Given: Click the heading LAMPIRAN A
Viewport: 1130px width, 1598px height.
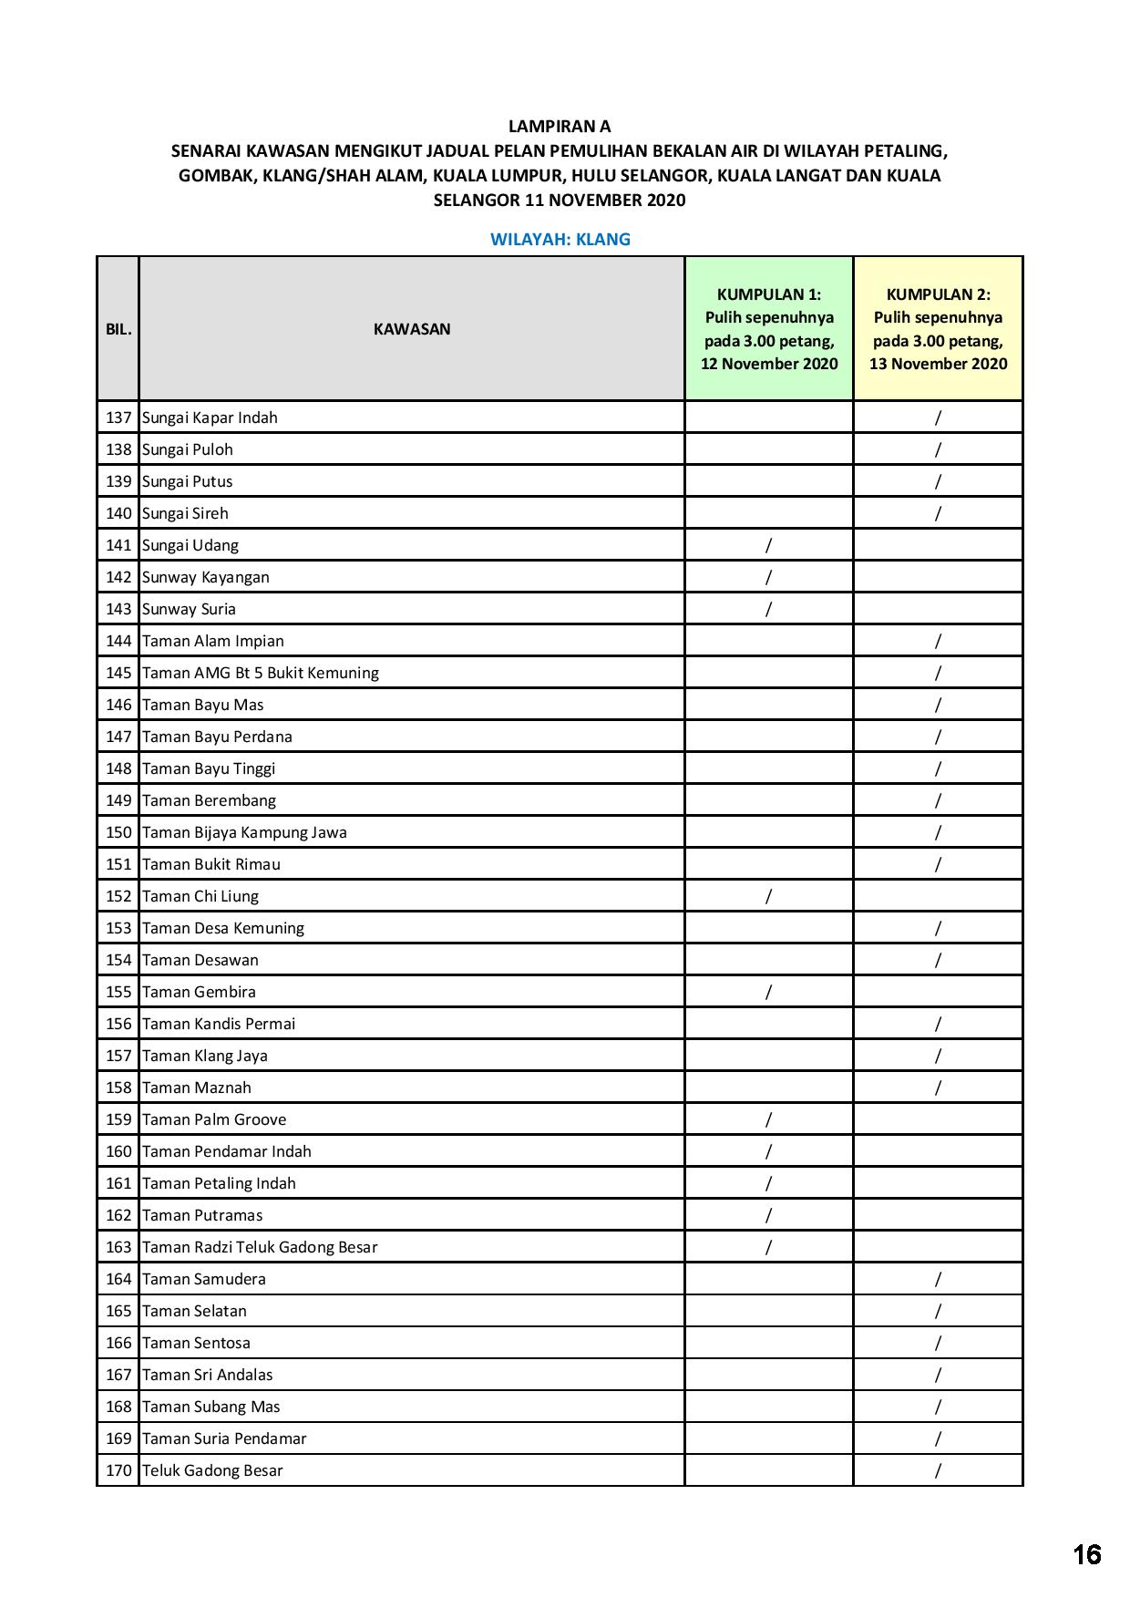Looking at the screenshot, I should pyautogui.click(x=560, y=126).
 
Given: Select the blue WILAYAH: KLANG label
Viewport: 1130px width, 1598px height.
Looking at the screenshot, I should pyautogui.click(x=560, y=240).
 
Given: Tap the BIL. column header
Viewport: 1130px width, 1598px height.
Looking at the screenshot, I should pyautogui.click(x=118, y=329).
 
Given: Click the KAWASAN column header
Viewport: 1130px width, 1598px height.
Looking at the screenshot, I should pyautogui.click(x=412, y=329).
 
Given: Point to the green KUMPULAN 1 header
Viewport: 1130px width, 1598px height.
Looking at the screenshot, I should pyautogui.click(x=769, y=328).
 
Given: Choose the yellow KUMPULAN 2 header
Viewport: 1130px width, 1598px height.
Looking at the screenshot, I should pyautogui.click(x=938, y=328).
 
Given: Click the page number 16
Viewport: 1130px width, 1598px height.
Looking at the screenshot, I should pyautogui.click(x=1086, y=1554).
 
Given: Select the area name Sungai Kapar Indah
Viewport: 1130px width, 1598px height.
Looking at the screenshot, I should pyautogui.click(x=210, y=418).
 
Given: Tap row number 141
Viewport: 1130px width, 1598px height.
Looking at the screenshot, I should pyautogui.click(x=118, y=545).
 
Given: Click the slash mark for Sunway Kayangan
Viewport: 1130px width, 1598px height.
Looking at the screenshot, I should pyautogui.click(x=768, y=577).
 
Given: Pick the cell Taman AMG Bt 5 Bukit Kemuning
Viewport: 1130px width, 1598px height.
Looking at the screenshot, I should pyautogui.click(x=261, y=673).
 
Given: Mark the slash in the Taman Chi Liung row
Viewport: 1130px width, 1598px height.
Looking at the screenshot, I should pyautogui.click(x=768, y=896).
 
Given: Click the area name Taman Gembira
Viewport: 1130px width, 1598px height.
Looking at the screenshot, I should pyautogui.click(x=199, y=992).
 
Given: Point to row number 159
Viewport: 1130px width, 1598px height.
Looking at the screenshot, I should pyautogui.click(x=118, y=1119).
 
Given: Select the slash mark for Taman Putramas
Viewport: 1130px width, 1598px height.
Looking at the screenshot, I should pyautogui.click(x=768, y=1215).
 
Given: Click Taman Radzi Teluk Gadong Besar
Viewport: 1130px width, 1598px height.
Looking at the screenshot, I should pyautogui.click(x=260, y=1247).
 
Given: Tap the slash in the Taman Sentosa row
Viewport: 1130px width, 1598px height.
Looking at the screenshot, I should pyautogui.click(x=938, y=1343).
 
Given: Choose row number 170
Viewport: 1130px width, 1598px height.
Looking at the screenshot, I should pyautogui.click(x=118, y=1470).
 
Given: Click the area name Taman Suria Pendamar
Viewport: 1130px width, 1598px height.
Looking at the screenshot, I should pyautogui.click(x=224, y=1438).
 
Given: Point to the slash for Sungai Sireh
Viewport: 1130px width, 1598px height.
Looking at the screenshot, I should pyautogui.click(x=938, y=513).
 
